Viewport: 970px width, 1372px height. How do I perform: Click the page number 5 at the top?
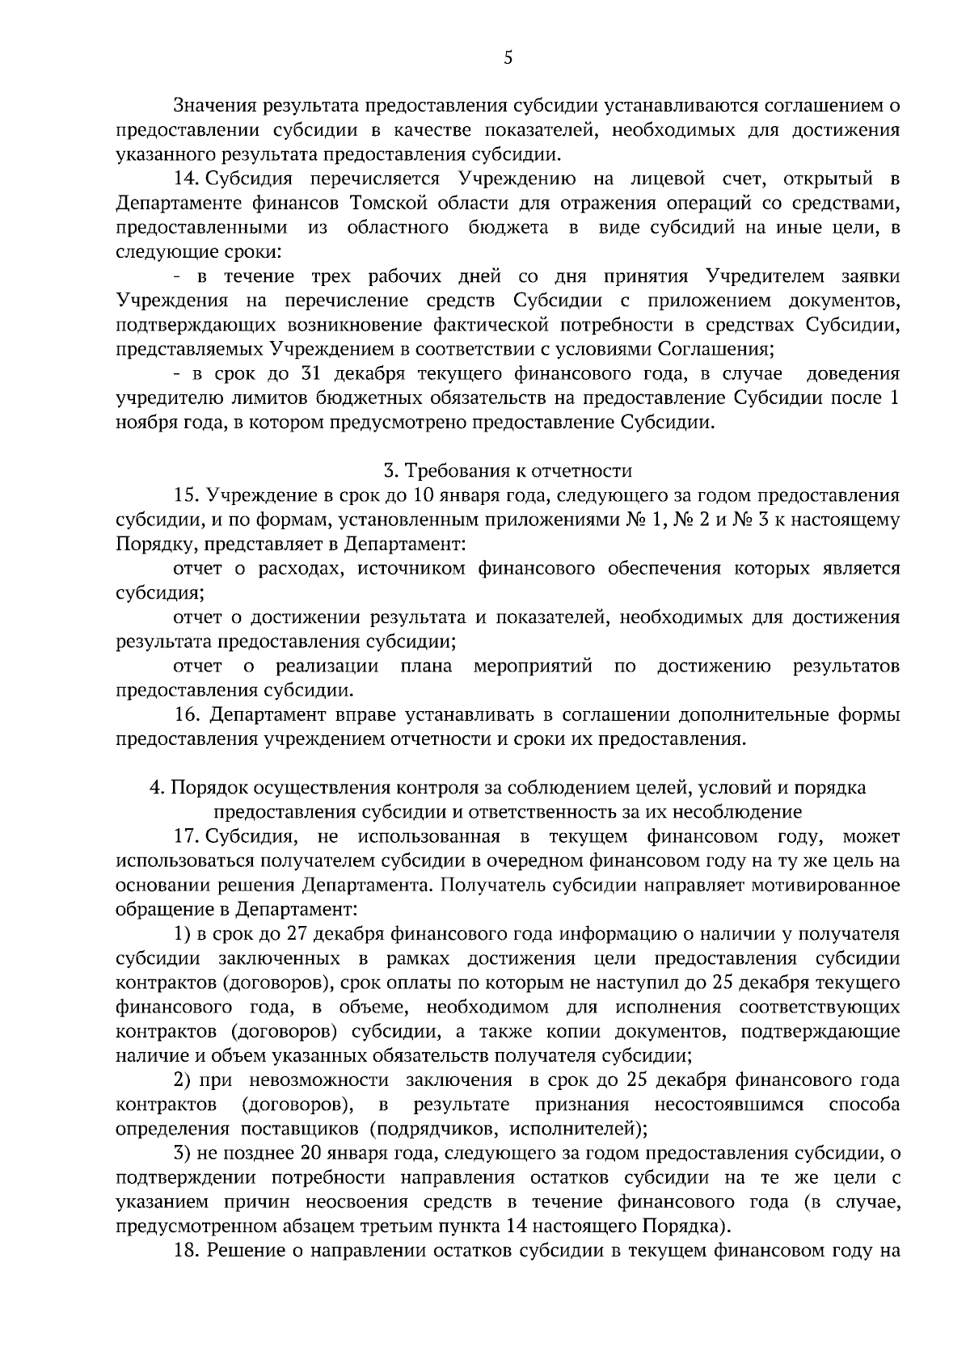click(508, 57)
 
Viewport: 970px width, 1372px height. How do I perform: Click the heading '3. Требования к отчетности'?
click(508, 470)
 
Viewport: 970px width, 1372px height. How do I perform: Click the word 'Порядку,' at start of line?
click(147, 544)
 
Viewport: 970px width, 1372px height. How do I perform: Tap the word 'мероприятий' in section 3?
click(533, 667)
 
